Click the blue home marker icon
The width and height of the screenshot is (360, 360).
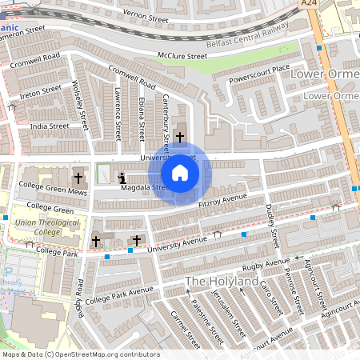(180, 173)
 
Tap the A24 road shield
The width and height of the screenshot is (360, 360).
(310, 4)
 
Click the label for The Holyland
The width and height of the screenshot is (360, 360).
(222, 282)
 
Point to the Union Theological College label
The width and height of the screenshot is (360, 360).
(37, 226)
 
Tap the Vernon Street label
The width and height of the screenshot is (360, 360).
(146, 14)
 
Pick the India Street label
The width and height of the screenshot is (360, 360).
(49, 126)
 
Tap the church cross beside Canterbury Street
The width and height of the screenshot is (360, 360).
(180, 137)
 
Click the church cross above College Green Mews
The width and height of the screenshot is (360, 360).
(78, 177)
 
